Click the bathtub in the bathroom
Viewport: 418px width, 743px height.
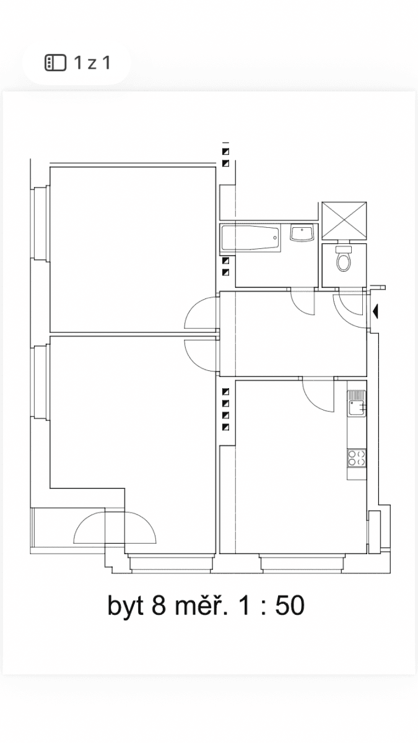(x=250, y=238)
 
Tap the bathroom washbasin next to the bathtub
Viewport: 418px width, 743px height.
(x=302, y=234)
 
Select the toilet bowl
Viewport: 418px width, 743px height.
(x=344, y=259)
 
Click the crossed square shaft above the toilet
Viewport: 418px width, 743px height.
(x=344, y=220)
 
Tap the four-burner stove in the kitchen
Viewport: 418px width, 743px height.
(x=356, y=458)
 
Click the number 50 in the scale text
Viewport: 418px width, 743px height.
(x=289, y=606)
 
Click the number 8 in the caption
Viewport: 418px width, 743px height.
(x=159, y=606)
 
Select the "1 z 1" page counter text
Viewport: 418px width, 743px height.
(x=92, y=63)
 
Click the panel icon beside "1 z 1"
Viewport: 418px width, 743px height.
(x=55, y=63)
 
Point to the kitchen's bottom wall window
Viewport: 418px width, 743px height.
(x=301, y=563)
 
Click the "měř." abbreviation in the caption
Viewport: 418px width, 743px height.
(x=201, y=605)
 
